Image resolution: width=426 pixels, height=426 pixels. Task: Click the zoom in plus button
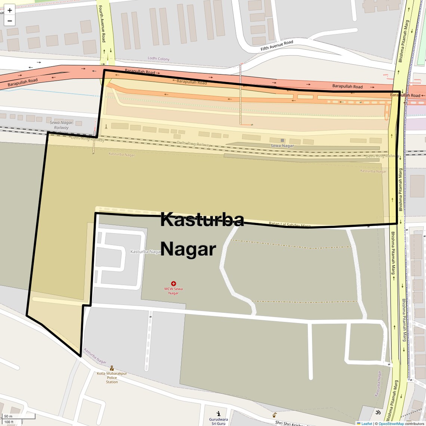point(10,10)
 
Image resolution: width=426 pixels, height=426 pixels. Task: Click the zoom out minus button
point(10,21)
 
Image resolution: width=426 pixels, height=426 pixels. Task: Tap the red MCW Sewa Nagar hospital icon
point(173,284)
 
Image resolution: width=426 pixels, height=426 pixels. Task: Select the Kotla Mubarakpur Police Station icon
point(112,368)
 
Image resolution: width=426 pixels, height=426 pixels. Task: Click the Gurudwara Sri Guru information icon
point(218,414)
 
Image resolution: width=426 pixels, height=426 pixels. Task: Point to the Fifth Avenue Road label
point(277,46)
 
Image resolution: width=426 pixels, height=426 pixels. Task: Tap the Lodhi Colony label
point(158,59)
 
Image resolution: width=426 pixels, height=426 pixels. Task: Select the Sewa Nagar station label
point(282,146)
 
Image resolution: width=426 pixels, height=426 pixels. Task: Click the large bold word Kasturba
point(202,220)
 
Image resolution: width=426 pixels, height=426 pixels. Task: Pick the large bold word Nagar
point(188,249)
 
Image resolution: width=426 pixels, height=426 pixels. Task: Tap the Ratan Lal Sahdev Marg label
point(290,225)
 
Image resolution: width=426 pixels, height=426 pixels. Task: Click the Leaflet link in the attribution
point(367,423)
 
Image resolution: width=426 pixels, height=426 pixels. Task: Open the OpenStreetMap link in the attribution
point(391,423)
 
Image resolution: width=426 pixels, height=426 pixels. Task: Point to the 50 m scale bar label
point(8,416)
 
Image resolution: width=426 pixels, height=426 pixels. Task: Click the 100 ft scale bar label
point(9,422)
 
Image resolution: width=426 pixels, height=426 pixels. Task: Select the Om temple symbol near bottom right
point(377,412)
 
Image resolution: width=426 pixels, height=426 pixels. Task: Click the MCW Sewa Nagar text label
point(173,291)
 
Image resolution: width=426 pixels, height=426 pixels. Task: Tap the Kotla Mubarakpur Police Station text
point(112,377)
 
